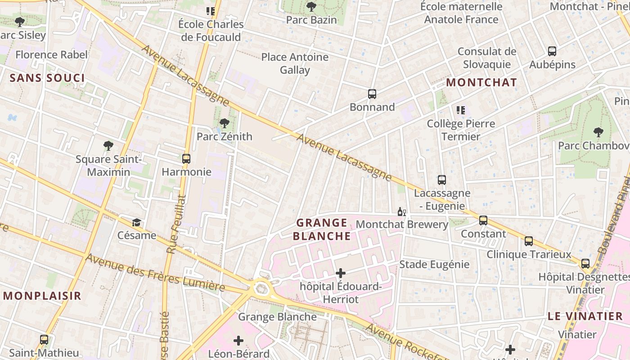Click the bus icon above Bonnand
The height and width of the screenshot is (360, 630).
tap(372, 94)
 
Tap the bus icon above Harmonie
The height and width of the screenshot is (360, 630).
tap(186, 159)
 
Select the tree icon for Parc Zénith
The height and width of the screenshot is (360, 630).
tap(224, 123)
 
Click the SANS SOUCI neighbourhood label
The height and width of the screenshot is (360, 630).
tap(47, 78)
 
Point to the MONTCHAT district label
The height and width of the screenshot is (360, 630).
tap(481, 82)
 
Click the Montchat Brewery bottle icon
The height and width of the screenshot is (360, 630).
tap(401, 211)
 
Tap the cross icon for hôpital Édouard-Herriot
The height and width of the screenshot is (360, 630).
tap(341, 273)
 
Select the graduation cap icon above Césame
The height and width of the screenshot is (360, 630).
tap(136, 222)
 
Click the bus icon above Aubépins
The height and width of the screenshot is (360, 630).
tap(552, 51)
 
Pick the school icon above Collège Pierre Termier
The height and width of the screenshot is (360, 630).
tap(460, 110)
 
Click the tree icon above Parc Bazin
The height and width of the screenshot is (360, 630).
tap(311, 7)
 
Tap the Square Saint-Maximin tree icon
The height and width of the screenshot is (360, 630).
tap(108, 146)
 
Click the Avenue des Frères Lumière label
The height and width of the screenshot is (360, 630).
tap(155, 273)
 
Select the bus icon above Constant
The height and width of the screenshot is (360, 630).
tap(483, 220)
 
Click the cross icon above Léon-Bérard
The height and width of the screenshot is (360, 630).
tap(238, 341)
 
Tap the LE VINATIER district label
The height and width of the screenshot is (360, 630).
tap(585, 316)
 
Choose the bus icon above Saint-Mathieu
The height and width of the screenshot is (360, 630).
tap(44, 340)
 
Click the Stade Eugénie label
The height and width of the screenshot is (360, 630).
tap(434, 264)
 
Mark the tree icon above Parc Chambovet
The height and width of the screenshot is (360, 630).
tap(598, 132)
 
